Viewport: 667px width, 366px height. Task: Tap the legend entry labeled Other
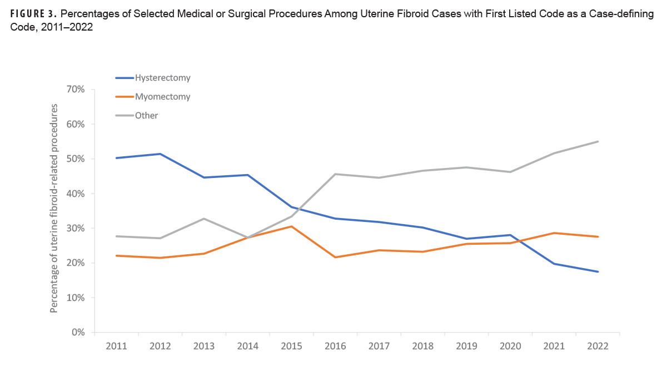pyautogui.click(x=146, y=116)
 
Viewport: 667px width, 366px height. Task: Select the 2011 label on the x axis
pyautogui.click(x=116, y=346)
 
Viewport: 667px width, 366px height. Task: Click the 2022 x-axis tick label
pyautogui.click(x=598, y=346)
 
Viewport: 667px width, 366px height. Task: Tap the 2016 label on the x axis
pyautogui.click(x=335, y=346)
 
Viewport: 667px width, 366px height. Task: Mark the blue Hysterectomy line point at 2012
pyautogui.click(x=160, y=154)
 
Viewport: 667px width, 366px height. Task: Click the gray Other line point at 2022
pyautogui.click(x=598, y=141)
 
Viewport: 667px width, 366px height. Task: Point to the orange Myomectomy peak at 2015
pyautogui.click(x=291, y=226)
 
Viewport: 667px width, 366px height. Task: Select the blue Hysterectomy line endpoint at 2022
pyautogui.click(x=598, y=271)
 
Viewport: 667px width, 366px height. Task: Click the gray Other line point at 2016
pyautogui.click(x=335, y=174)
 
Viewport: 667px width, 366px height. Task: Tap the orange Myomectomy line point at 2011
pyautogui.click(x=116, y=255)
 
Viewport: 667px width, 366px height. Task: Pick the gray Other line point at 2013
pyautogui.click(x=204, y=219)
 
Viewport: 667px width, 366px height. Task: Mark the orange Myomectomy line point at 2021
pyautogui.click(x=554, y=233)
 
